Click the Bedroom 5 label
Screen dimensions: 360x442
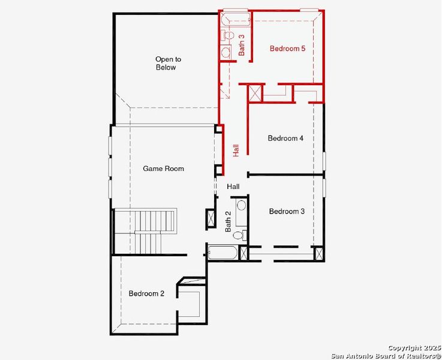287,49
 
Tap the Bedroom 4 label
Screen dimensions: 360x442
285,139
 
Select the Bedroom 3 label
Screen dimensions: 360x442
287,211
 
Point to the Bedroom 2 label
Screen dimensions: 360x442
146,293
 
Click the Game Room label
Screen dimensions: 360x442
163,169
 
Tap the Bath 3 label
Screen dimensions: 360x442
242,45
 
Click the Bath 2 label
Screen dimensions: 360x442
228,222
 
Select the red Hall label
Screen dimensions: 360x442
236,151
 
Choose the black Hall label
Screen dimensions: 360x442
233,187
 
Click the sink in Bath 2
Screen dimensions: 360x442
241,205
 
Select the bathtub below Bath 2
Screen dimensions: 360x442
222,253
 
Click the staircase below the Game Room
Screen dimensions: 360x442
146,231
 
